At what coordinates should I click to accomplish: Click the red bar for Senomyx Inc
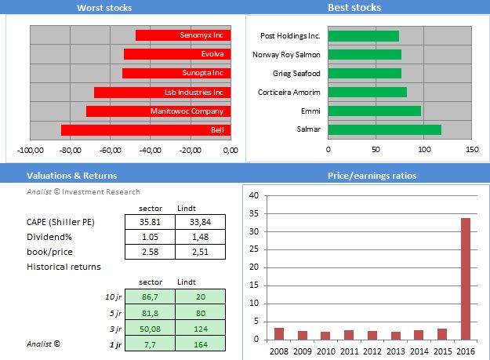(183, 35)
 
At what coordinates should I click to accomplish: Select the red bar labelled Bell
(145, 130)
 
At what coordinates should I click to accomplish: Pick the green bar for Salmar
(384, 129)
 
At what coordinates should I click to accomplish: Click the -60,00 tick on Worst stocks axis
(111, 150)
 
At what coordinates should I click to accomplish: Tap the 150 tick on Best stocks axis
(472, 149)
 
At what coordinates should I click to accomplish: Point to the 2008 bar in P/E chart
(279, 333)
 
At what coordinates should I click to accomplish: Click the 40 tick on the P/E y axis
(253, 195)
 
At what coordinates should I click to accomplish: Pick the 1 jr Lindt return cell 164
(200, 344)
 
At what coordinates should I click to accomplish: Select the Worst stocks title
(104, 8)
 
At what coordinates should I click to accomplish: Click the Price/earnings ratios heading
(372, 176)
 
